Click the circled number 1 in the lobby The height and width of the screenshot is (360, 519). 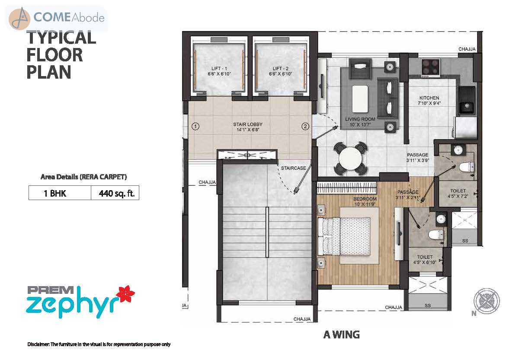pos(195,126)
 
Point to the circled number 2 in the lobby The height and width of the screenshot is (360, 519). pos(305,126)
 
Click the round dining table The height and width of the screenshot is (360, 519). pos(351,159)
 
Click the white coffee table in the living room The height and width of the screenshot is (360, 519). pos(360,99)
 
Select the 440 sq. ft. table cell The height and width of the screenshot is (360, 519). pos(115,193)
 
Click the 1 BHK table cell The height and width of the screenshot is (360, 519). pos(60,193)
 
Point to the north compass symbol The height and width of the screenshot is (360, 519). pos(486,301)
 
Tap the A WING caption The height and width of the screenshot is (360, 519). pos(341,335)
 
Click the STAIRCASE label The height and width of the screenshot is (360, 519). pos(293,168)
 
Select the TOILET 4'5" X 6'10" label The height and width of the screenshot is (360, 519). pos(425,260)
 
